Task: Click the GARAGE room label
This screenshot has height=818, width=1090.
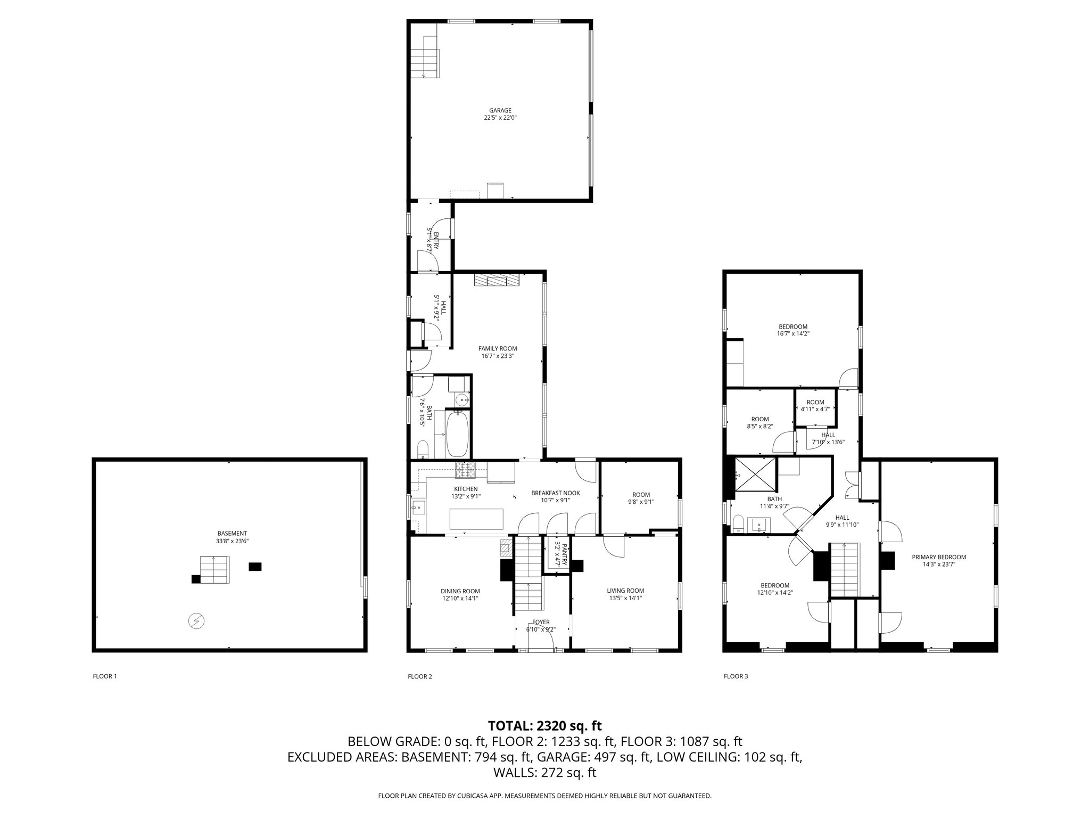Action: pyautogui.click(x=500, y=111)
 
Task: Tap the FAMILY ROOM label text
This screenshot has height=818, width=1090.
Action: pyautogui.click(x=497, y=349)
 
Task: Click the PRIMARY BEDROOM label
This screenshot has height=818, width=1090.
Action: pyautogui.click(x=939, y=557)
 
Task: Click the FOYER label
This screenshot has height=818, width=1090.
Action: pyautogui.click(x=541, y=622)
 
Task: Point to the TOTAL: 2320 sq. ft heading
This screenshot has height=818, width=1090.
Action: pyautogui.click(x=544, y=725)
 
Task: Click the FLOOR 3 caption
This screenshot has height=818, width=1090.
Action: pyautogui.click(x=736, y=676)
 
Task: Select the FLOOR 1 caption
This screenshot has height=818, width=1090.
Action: pyautogui.click(x=104, y=676)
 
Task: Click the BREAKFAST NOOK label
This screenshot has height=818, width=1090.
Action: pyautogui.click(x=555, y=493)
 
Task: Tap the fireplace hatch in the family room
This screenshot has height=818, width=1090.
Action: pyautogui.click(x=497, y=281)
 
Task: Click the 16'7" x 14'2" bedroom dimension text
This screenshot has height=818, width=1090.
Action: pyautogui.click(x=793, y=334)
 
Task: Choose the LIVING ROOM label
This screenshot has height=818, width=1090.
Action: pyautogui.click(x=625, y=591)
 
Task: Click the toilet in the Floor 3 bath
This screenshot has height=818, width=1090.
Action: pyautogui.click(x=738, y=524)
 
